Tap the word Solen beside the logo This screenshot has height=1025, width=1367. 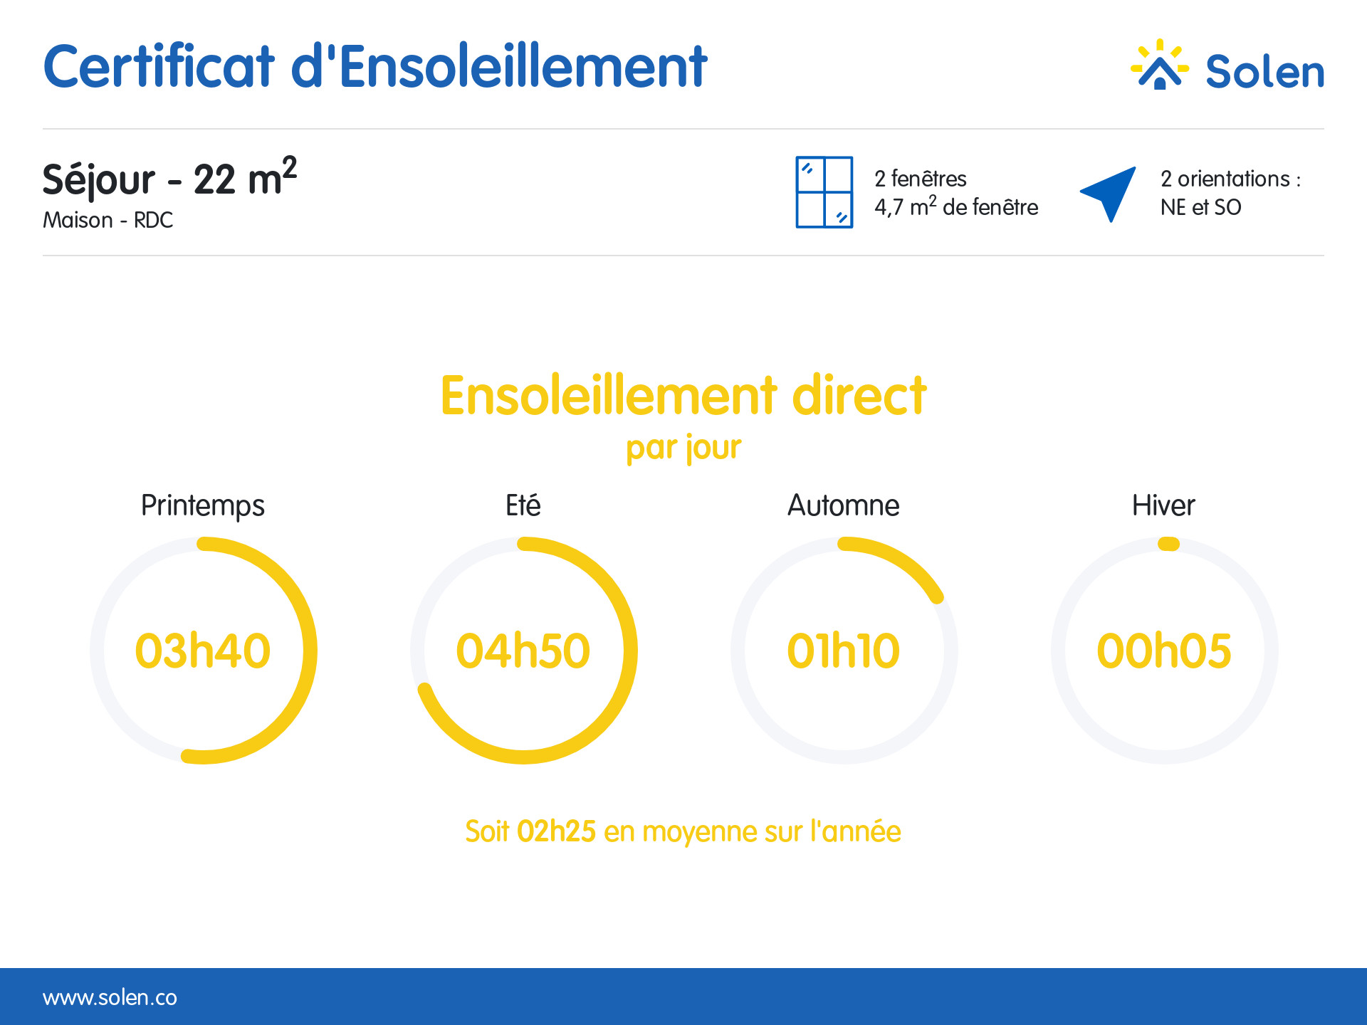1264,72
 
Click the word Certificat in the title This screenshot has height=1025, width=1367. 159,66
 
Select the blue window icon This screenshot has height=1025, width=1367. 824,192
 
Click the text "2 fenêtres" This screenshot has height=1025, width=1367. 921,178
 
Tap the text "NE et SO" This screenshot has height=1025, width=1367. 1201,207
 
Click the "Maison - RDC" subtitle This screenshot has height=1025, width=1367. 108,220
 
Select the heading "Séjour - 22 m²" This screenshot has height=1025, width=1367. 169,177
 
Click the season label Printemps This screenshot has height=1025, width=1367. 203,506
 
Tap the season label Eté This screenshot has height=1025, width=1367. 523,505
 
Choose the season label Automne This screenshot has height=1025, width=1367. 844,505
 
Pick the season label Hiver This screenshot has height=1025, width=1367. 1163,505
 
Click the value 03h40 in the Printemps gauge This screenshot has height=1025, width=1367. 203,651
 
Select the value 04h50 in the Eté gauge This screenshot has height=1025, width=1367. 523,651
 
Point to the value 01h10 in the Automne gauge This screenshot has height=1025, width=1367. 844,651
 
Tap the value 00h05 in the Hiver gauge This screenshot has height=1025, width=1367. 1164,651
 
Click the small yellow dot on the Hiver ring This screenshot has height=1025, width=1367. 1168,545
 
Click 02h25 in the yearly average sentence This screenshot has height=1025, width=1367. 556,831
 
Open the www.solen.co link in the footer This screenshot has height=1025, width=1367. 110,997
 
